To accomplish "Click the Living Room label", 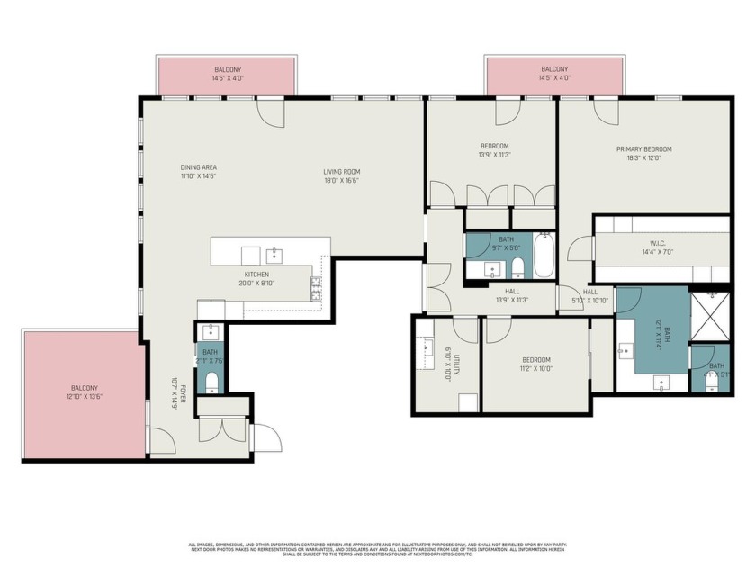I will tap(342, 175).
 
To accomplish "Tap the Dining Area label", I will tap(198, 171).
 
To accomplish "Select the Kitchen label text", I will tap(256, 278).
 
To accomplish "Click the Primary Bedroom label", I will tap(643, 153).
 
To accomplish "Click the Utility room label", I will tap(455, 367).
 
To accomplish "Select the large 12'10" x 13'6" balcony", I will tap(84, 396).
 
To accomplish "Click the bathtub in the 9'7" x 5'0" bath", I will tap(544, 255).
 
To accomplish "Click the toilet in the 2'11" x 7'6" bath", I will tap(211, 382).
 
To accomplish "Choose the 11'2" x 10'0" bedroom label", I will tap(535, 364).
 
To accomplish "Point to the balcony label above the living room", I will tap(227, 74).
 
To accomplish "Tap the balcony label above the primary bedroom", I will tap(554, 74).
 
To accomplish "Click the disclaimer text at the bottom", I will tap(378, 550).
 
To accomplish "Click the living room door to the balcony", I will tap(271, 112).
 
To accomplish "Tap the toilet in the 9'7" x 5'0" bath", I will tap(517, 266).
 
